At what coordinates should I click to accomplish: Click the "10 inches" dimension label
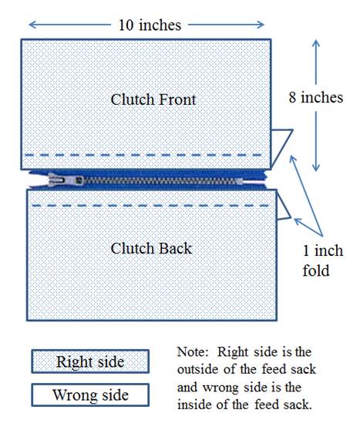click(150, 25)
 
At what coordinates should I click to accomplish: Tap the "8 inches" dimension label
click(316, 98)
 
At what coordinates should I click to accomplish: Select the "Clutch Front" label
click(153, 99)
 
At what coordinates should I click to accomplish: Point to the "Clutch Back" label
click(151, 248)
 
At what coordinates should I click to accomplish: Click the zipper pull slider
click(66, 180)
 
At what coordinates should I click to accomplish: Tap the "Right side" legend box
click(90, 361)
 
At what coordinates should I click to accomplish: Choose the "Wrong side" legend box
click(90, 395)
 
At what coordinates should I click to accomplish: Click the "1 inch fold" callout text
click(323, 260)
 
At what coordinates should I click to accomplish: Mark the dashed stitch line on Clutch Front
click(143, 155)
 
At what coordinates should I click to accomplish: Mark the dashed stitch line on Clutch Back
click(150, 206)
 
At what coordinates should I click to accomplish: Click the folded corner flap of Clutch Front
click(281, 146)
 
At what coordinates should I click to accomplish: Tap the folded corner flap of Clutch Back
click(283, 207)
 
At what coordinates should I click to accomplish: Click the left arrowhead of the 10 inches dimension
click(32, 25)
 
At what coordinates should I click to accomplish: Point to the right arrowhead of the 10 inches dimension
click(261, 25)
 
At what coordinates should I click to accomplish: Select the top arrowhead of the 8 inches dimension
click(316, 43)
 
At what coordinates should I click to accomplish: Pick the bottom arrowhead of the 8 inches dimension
click(316, 168)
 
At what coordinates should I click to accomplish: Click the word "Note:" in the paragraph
click(191, 352)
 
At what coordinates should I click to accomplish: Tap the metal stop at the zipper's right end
click(239, 181)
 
